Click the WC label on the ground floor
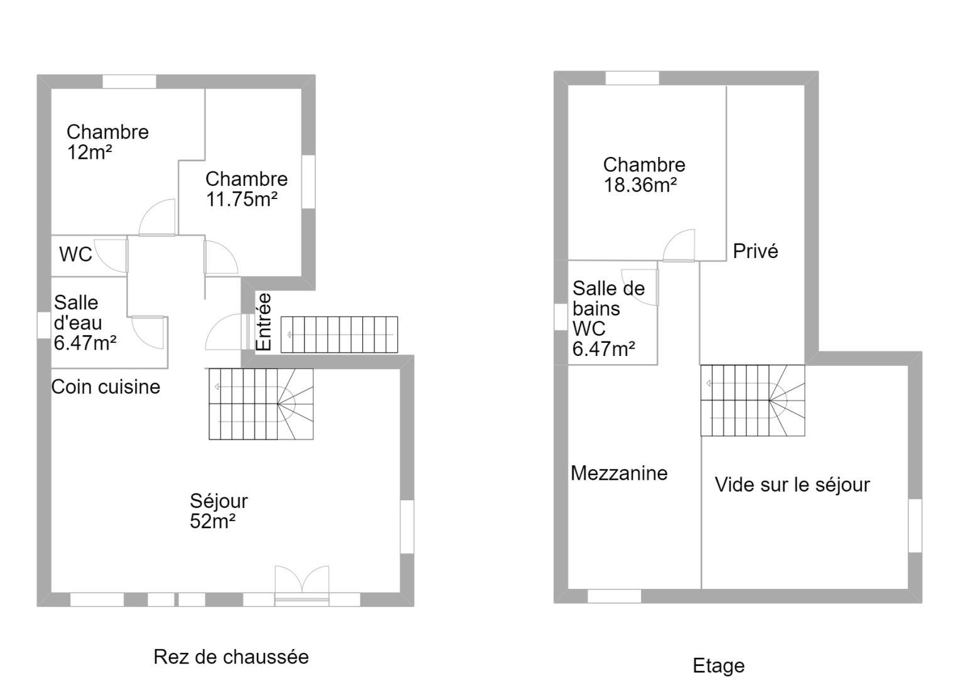pos(75,254)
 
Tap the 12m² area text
pos(90,153)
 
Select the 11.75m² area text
pos(242,200)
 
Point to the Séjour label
pos(219,501)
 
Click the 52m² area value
pos(213,521)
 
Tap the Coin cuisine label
pos(106,387)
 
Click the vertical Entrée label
pos(264,321)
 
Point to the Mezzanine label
pos(619,473)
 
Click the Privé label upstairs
pos(756,251)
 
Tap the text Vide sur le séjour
pos(792,485)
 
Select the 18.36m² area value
pos(640,185)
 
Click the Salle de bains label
pos(608,298)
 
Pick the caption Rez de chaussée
pos(232,657)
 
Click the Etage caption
pos(719,666)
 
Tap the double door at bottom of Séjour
pos(302,585)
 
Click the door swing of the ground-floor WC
pos(111,256)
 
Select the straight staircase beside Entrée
pos(339,335)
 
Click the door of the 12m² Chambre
pos(157,217)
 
